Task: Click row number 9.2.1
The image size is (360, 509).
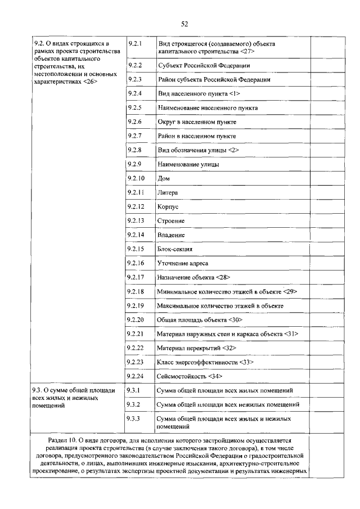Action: (x=134, y=43)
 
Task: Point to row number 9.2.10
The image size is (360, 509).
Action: (x=136, y=178)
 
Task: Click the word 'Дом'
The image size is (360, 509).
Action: (x=164, y=179)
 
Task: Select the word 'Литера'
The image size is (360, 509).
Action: (x=168, y=193)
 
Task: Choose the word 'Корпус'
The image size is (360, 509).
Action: (x=168, y=207)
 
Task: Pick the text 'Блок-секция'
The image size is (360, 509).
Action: (x=175, y=249)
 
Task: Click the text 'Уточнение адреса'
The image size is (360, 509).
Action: (x=183, y=263)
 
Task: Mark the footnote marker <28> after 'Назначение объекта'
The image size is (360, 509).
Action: (x=223, y=277)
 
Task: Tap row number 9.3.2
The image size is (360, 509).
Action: (x=134, y=404)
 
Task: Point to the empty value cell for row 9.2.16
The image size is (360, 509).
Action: (x=327, y=263)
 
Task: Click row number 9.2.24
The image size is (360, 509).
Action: (x=136, y=376)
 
